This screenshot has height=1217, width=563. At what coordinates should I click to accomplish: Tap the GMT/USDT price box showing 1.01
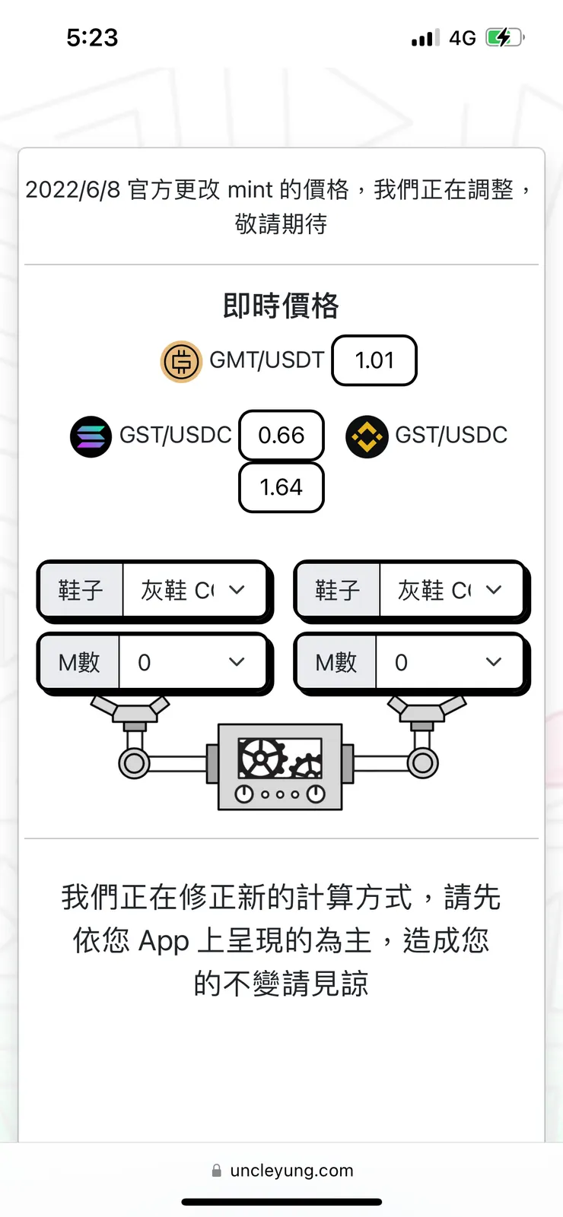click(x=374, y=360)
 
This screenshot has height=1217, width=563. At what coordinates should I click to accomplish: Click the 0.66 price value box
click(x=281, y=436)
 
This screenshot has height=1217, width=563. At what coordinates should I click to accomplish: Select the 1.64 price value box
click(x=281, y=487)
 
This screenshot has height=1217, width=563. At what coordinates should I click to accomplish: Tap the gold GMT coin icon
click(x=181, y=362)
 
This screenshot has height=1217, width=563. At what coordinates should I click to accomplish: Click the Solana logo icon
click(x=91, y=436)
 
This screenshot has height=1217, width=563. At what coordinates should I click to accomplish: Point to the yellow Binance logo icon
click(x=367, y=436)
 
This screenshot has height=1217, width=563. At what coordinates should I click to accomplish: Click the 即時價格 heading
click(x=281, y=306)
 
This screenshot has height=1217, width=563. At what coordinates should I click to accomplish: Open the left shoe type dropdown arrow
click(x=237, y=590)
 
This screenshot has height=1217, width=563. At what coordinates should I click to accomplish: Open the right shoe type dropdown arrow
click(x=494, y=590)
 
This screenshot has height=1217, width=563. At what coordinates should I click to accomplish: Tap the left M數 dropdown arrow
click(x=237, y=663)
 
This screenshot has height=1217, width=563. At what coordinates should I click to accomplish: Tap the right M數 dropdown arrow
click(x=494, y=663)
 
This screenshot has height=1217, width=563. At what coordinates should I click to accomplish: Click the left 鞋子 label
click(x=81, y=590)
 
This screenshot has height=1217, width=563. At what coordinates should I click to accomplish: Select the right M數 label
click(x=336, y=663)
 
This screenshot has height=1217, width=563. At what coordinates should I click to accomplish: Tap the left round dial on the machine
click(x=244, y=794)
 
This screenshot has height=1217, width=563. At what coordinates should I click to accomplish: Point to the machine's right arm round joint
click(x=423, y=762)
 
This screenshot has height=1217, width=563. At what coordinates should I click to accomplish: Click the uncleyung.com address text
click(x=291, y=1170)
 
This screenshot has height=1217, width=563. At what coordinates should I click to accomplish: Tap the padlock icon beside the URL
click(x=217, y=1171)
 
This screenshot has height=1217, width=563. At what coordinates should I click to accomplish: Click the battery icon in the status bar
click(x=504, y=37)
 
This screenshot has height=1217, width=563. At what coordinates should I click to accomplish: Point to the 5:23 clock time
click(x=92, y=37)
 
